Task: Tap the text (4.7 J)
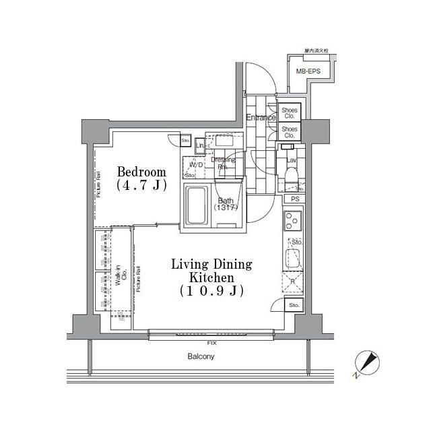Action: [x=141, y=185]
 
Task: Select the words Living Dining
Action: [x=211, y=263]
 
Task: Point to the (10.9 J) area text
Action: [x=211, y=291]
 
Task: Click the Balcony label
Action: [x=200, y=356]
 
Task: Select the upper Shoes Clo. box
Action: [x=289, y=112]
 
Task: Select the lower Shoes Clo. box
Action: [x=289, y=131]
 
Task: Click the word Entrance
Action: [x=260, y=118]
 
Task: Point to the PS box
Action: [x=294, y=199]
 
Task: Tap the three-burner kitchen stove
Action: [x=293, y=220]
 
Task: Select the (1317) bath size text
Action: [x=226, y=208]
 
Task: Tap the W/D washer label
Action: [x=196, y=164]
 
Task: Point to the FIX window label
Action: [x=212, y=343]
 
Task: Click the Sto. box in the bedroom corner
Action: [x=185, y=140]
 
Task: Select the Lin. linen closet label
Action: [x=200, y=146]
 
